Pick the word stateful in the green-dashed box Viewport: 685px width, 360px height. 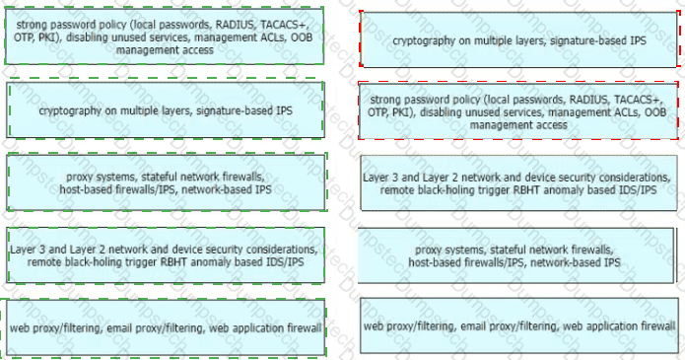pos(158,178)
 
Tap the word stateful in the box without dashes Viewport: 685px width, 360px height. pos(508,251)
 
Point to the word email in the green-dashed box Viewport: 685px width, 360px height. pos(120,328)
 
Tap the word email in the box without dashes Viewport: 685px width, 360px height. pos(474,326)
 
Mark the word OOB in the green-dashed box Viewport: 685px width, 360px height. pos(302,37)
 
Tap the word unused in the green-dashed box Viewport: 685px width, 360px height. pos(127,37)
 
